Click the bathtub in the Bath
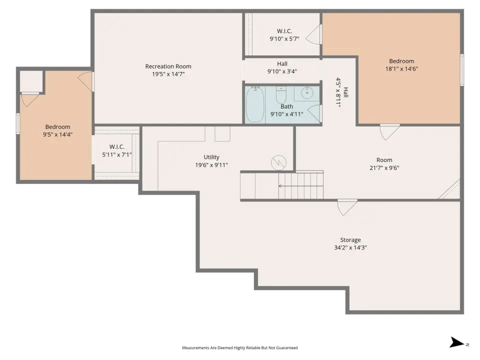(x=254, y=104)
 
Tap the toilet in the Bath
(x=281, y=95)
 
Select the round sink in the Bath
(x=306, y=92)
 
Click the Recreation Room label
(x=168, y=66)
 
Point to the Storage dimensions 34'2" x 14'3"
(x=350, y=247)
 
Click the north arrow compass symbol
(x=457, y=342)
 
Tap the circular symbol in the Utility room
(x=278, y=162)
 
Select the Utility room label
(x=211, y=157)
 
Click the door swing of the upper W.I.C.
(x=313, y=34)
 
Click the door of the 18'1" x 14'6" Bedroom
(x=389, y=131)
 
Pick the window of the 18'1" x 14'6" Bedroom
(x=462, y=70)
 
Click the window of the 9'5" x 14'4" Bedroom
(x=18, y=123)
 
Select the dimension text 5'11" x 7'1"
(x=117, y=154)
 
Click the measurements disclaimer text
(x=239, y=348)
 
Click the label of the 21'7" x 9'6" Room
(x=384, y=160)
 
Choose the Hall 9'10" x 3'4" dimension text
(x=282, y=71)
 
